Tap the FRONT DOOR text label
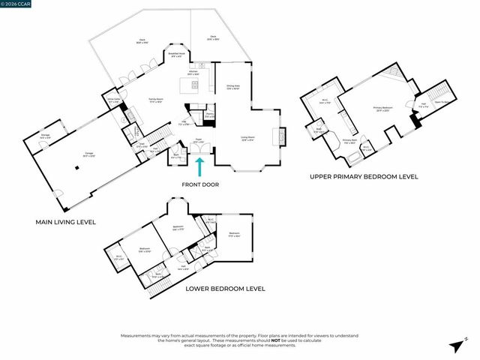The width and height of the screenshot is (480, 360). pos(200,184)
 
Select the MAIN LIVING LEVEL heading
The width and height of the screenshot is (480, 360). pos(67,222)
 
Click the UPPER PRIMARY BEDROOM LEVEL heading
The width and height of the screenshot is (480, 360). pos(364,177)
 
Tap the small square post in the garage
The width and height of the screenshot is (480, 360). pos(76,169)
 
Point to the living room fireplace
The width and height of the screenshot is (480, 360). pos(282,138)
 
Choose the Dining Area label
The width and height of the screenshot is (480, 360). pos(233,87)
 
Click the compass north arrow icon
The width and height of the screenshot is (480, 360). pos(455,345)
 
